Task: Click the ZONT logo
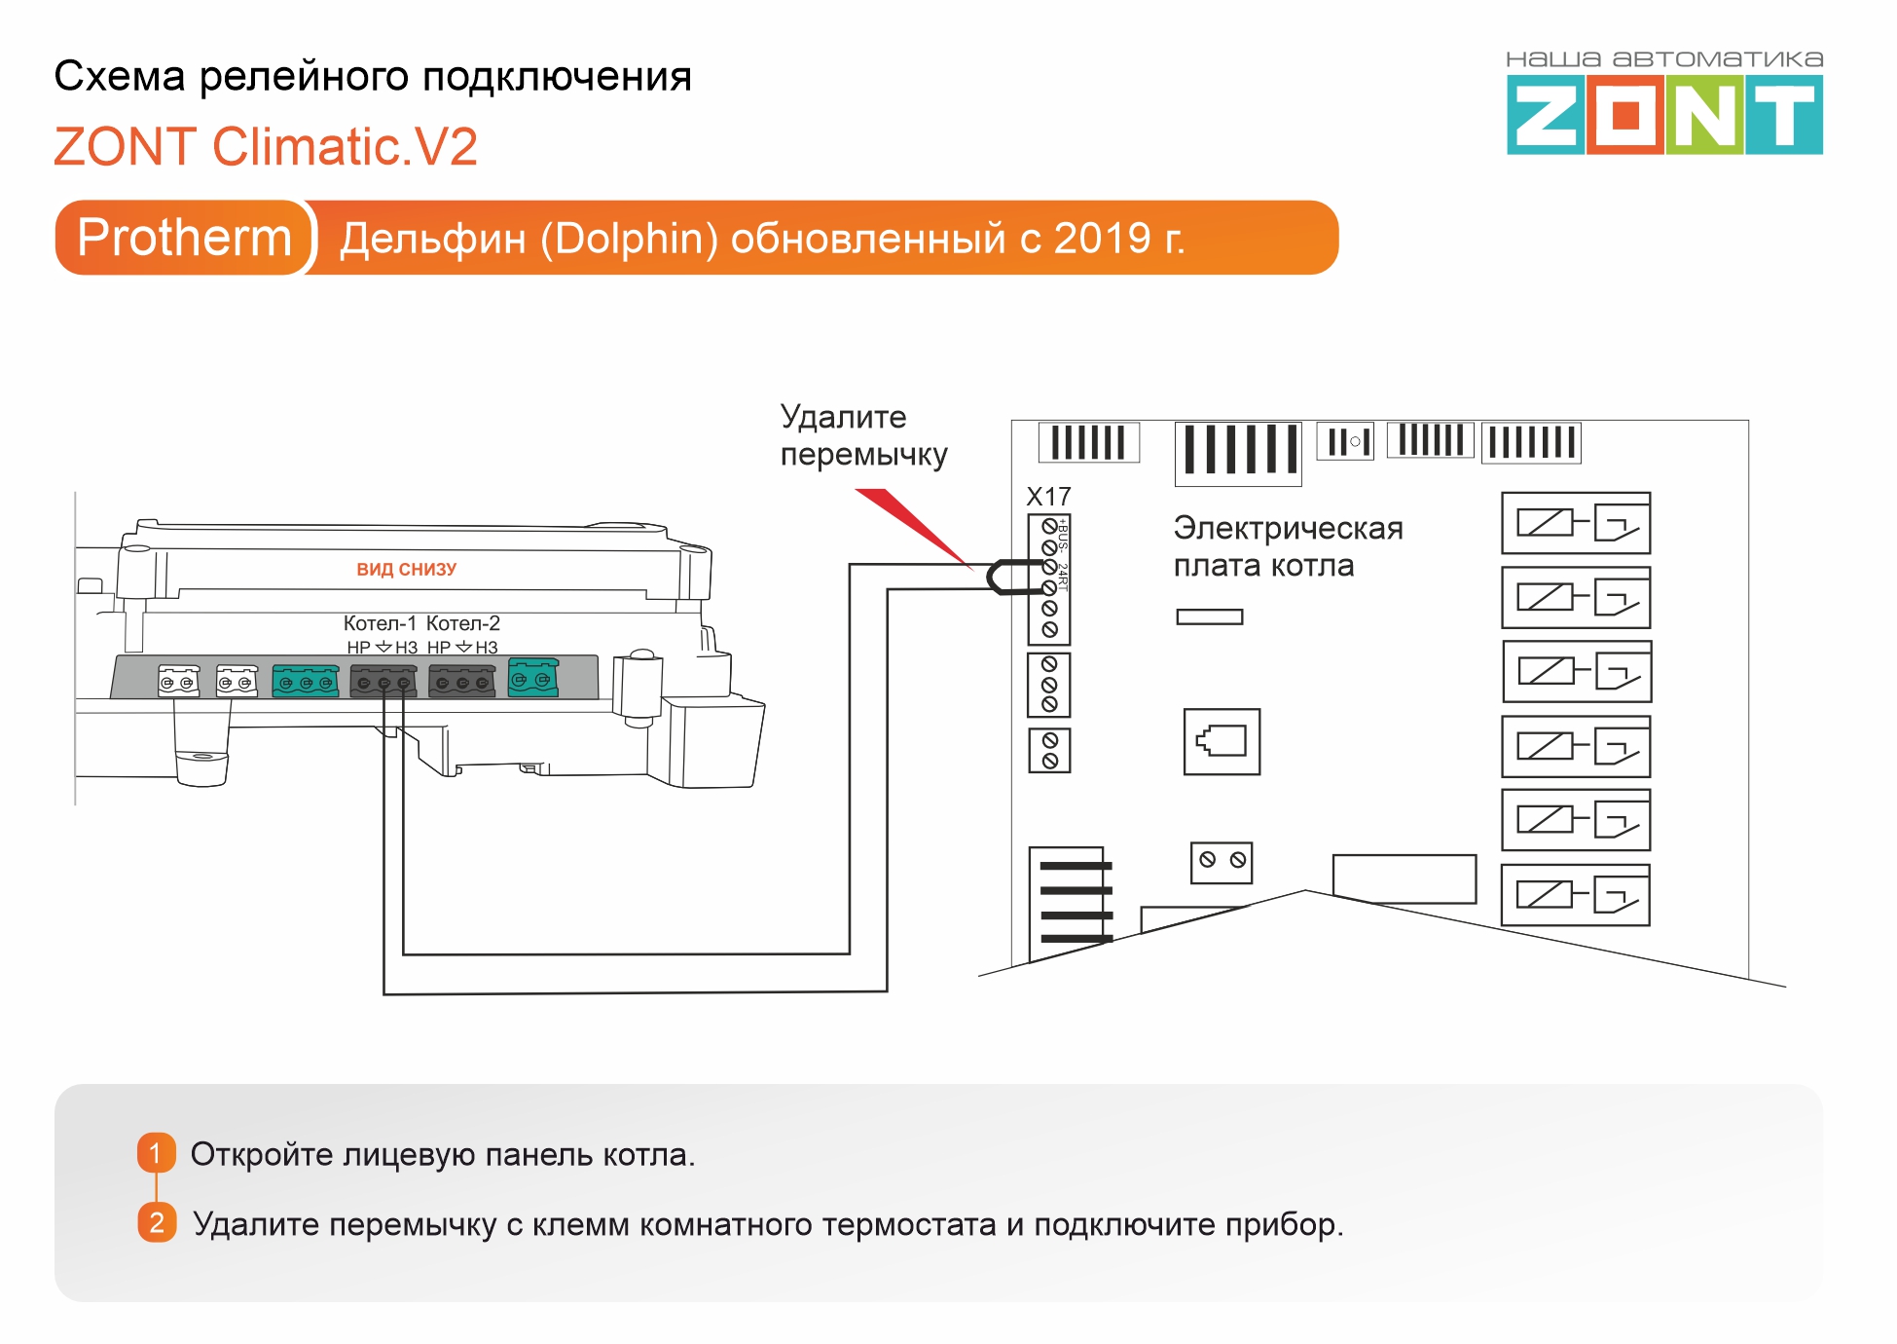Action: click(1663, 115)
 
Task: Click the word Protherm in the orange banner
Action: click(184, 238)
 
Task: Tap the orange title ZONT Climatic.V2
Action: click(265, 147)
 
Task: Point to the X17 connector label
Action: click(1048, 497)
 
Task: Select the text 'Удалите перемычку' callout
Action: click(863, 435)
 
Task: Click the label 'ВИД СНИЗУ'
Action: click(406, 570)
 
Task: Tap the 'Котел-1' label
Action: click(380, 623)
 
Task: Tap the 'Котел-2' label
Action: click(463, 623)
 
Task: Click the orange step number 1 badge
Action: click(156, 1153)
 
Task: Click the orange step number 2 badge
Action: click(156, 1222)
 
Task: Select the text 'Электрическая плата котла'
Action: click(1287, 546)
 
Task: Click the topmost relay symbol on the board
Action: click(1576, 523)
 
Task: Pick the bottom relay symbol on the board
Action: click(1576, 894)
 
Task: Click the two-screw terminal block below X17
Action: click(1049, 750)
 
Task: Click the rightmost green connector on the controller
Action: click(533, 678)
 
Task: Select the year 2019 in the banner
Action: click(1103, 239)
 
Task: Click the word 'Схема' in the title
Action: click(120, 76)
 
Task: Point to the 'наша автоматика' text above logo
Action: click(1663, 59)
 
